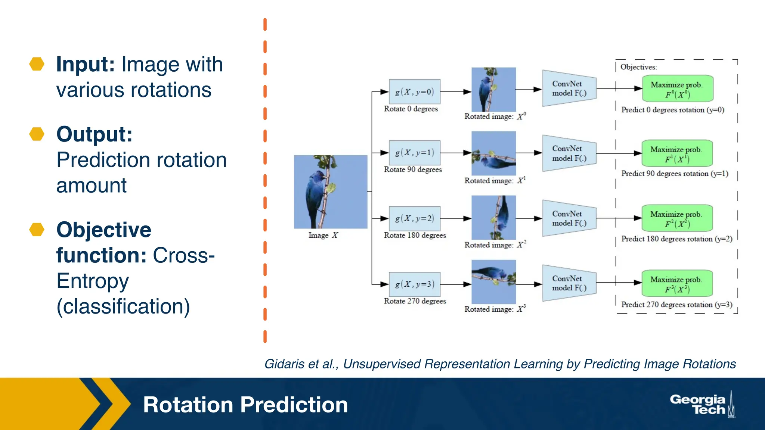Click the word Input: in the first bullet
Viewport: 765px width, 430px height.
pos(85,64)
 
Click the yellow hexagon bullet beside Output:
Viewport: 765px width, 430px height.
pos(37,134)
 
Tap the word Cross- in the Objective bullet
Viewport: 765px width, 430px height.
pos(184,255)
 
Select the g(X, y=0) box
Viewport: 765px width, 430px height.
pos(414,92)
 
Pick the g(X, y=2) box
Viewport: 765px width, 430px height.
pos(414,218)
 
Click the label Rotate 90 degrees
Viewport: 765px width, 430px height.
pos(413,169)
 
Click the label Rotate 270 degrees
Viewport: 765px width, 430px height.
pos(415,301)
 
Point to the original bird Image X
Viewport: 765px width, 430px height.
pos(331,192)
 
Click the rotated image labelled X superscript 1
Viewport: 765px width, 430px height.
pos(493,153)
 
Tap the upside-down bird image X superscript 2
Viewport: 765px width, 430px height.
pos(493,218)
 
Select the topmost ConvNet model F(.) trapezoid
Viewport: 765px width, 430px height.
pos(569,88)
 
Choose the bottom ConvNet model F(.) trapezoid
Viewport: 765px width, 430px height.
pos(569,283)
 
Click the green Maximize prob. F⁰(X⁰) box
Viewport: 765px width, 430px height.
pos(677,89)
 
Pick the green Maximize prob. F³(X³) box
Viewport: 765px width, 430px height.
pos(677,284)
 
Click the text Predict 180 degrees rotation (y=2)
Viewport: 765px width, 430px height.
pos(676,239)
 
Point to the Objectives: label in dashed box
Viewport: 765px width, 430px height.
pos(638,67)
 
